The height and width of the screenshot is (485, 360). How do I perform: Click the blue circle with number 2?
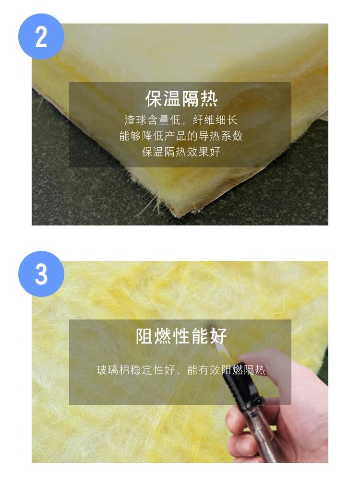pyautogui.click(x=41, y=36)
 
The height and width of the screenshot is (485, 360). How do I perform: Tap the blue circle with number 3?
pyautogui.click(x=41, y=274)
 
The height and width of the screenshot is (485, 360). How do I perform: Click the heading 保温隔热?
pyautogui.click(x=181, y=99)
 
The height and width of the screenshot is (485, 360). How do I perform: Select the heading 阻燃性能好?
pyautogui.click(x=181, y=336)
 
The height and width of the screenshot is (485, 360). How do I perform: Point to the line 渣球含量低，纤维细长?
pyautogui.click(x=181, y=120)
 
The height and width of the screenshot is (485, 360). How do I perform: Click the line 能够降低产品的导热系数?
pyautogui.click(x=181, y=136)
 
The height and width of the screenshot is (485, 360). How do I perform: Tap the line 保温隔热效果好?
pyautogui.click(x=181, y=152)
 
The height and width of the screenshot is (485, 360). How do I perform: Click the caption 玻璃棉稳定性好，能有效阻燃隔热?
pyautogui.click(x=181, y=370)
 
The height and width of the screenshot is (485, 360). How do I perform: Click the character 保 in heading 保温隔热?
pyautogui.click(x=154, y=99)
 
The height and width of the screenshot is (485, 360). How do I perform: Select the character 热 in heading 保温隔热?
pyautogui.click(x=209, y=99)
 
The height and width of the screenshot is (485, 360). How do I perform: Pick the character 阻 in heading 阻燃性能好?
pyautogui.click(x=144, y=336)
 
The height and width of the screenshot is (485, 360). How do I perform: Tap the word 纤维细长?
pyautogui.click(x=215, y=120)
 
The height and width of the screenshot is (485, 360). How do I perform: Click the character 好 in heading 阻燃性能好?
pyautogui.click(x=218, y=336)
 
